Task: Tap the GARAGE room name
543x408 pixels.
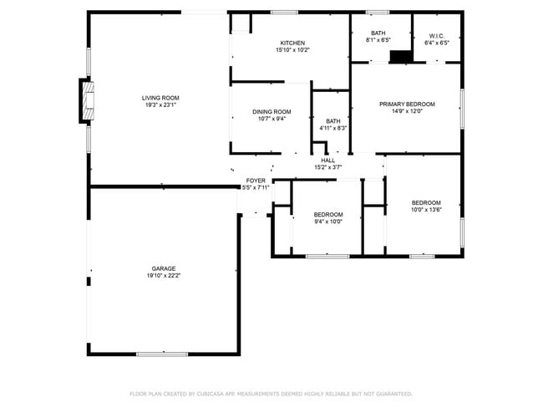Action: point(163,268)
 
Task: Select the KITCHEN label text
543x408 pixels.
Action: point(292,43)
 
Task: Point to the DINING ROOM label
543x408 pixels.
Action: point(271,112)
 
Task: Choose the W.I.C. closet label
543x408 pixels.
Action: point(436,34)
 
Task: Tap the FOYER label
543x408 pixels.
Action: point(256,181)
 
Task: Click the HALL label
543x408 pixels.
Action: point(328,161)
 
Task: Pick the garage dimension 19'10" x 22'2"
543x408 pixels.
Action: point(163,276)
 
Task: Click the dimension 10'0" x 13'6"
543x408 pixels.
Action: point(425,211)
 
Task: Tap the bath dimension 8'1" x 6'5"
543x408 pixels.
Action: point(378,40)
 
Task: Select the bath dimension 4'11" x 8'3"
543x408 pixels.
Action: point(332,128)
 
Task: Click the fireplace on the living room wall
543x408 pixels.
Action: point(86,100)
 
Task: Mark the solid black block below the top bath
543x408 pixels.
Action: point(401,57)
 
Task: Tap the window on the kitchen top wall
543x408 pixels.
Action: point(284,12)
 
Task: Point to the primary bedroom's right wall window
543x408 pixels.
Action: point(461,109)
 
